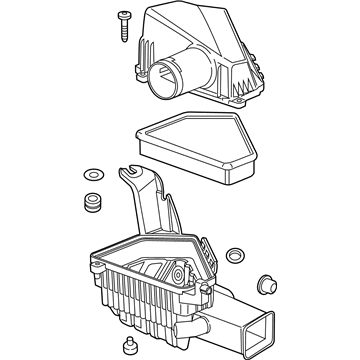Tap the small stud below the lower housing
(127, 348)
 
